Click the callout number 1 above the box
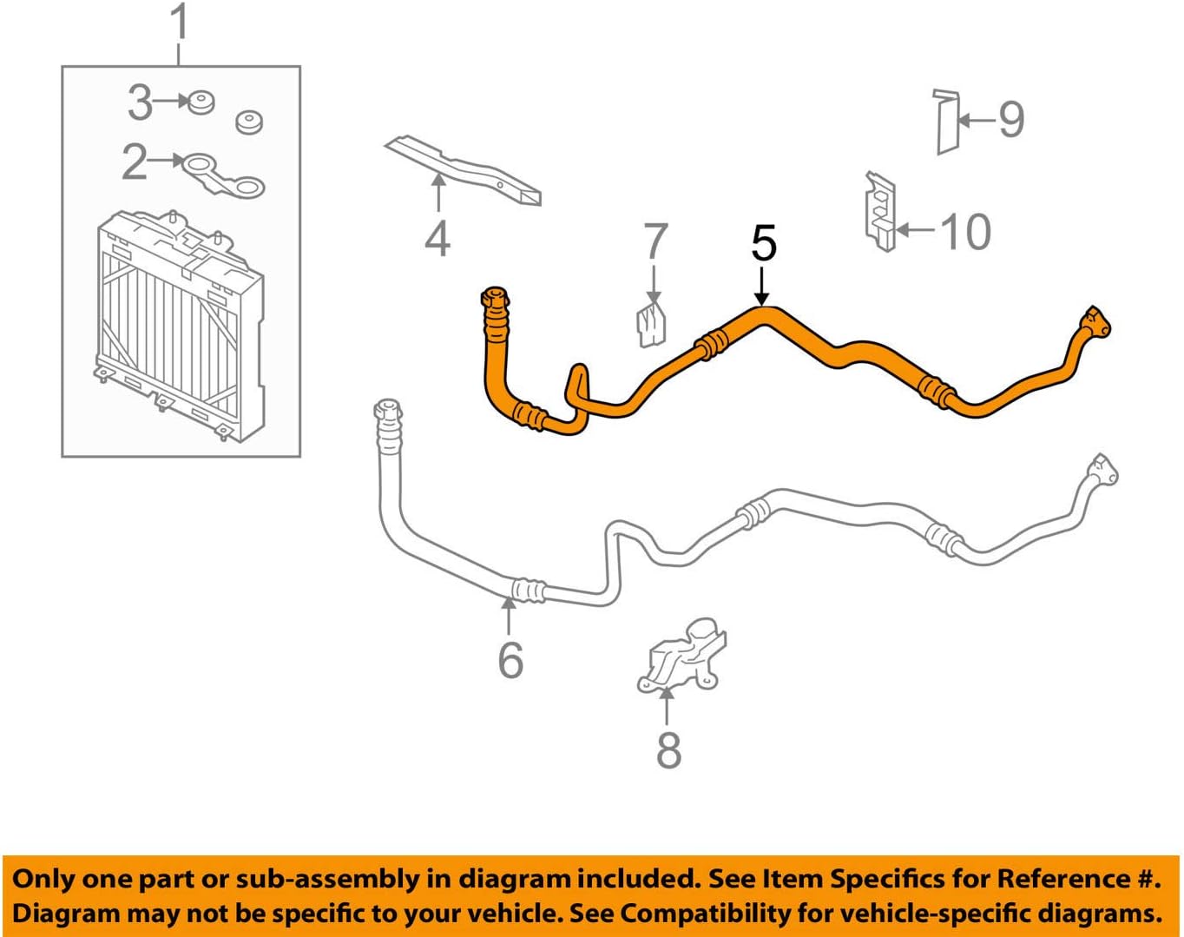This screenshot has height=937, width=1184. (180, 23)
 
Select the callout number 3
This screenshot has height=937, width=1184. (140, 102)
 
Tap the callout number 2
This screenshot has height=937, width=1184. (135, 162)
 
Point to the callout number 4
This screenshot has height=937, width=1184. (437, 240)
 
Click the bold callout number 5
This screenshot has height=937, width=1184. (763, 244)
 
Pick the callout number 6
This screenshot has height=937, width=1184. (510, 660)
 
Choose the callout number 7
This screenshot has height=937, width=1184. (655, 241)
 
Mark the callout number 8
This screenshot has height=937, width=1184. (668, 750)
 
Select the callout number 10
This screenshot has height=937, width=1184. (965, 232)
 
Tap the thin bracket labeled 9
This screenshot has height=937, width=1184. (946, 121)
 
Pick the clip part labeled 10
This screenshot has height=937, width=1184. (880, 211)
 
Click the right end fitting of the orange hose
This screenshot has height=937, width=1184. (1094, 324)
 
